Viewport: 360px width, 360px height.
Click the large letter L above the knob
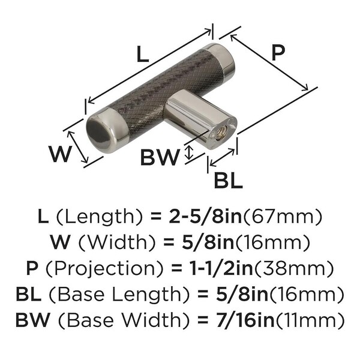tap(142, 54)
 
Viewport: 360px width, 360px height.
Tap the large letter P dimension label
tap(278, 53)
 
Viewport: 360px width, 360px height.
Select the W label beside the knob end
tap(60, 154)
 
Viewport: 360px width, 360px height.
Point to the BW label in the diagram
tap(160, 157)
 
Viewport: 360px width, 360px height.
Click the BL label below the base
tap(228, 180)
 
